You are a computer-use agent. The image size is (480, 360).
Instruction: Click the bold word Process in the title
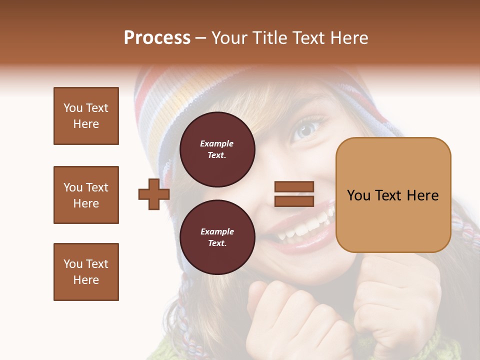[157, 38]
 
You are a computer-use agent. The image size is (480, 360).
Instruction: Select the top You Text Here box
[86, 116]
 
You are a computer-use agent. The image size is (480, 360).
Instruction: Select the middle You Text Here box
[86, 195]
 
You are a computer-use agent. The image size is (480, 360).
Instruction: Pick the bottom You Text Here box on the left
[86, 272]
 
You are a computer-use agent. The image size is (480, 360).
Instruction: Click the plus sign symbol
[153, 194]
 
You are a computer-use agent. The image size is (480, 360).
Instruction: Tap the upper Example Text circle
[217, 149]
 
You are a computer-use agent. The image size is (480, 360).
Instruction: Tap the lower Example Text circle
[217, 237]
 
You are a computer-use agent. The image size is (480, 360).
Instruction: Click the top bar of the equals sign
[294, 187]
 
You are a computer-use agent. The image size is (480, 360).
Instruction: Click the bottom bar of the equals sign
[294, 201]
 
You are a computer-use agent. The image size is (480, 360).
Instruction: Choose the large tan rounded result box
[393, 195]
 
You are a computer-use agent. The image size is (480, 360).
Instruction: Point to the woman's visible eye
[306, 130]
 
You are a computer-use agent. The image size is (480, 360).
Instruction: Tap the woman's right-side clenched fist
[395, 295]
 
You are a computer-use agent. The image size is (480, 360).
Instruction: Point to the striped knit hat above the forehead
[200, 95]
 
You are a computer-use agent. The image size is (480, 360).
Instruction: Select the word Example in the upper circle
[217, 143]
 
